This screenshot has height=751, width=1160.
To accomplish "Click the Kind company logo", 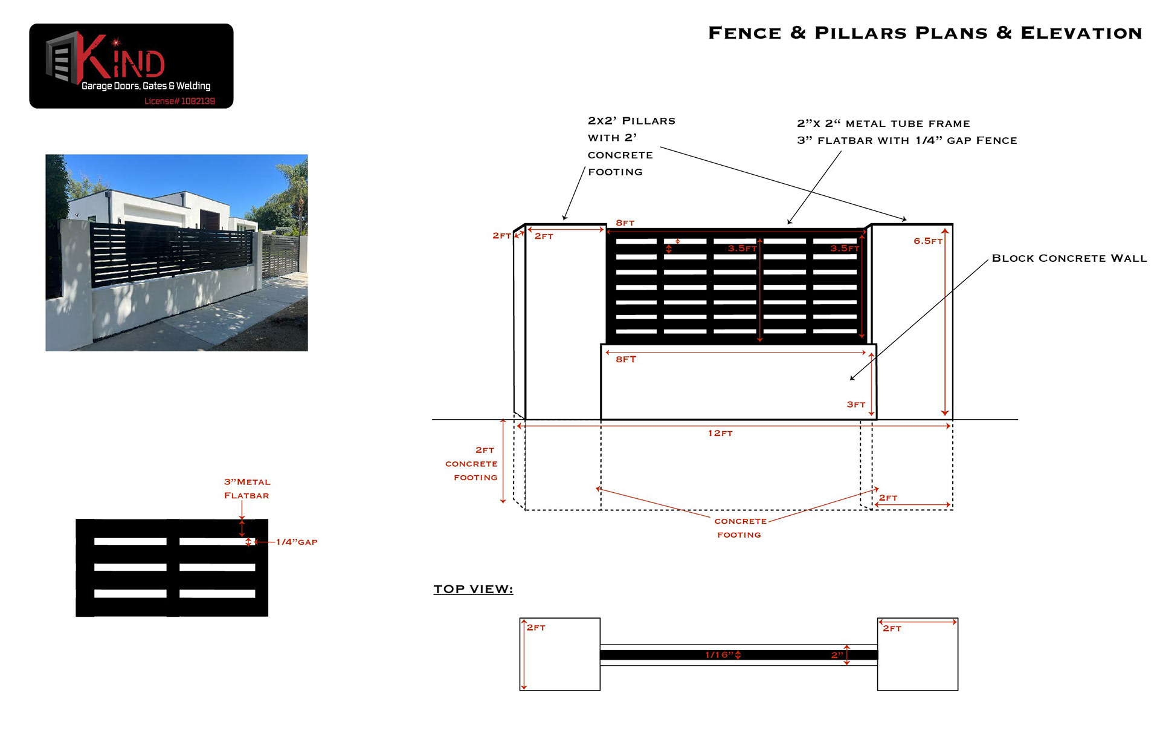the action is tap(131, 66).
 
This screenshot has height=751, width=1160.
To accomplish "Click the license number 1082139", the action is tap(179, 101).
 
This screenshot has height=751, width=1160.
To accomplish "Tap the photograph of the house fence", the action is tap(176, 252).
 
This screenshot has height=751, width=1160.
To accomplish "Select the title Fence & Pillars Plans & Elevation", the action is tap(924, 33).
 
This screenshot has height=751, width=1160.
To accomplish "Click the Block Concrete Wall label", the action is tap(1069, 258).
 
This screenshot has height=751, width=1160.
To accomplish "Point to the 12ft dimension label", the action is tap(720, 433).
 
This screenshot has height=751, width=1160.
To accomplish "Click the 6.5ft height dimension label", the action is tap(927, 241).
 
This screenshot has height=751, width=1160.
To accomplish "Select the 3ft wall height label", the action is tap(855, 405).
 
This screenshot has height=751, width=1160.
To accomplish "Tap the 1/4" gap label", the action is tap(297, 542).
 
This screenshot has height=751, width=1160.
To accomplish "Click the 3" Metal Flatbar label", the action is tap(246, 489).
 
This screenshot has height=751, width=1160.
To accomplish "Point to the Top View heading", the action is tap(473, 589).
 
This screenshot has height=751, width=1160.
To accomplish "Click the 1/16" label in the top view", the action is tap(719, 655).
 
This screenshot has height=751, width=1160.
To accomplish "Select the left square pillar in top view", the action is tap(560, 654).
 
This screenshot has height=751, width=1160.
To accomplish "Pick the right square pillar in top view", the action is tap(917, 654).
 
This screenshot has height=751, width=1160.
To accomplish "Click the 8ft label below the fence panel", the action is tap(626, 359).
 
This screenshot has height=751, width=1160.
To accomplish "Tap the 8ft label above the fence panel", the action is tap(625, 223).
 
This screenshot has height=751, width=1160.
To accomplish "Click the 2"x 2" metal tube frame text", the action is tap(883, 124).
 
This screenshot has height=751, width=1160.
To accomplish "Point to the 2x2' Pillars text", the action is tap(631, 121).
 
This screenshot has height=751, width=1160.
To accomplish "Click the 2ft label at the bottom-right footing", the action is tap(888, 498).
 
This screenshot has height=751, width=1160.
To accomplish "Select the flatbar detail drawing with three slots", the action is tap(172, 567).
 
